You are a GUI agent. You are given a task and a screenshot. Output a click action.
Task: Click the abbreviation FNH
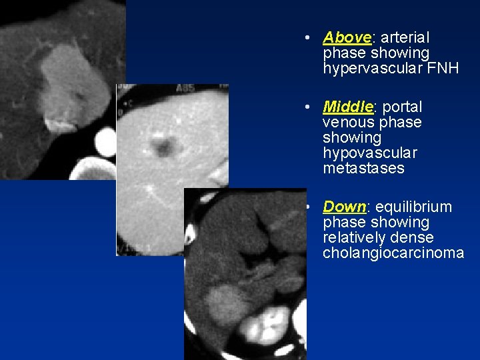tap(445, 68)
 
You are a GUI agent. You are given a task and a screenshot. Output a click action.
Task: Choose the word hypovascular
tap(370, 153)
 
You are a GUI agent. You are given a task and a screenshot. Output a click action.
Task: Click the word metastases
tap(363, 168)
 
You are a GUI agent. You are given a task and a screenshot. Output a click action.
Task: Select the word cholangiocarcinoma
tap(393, 253)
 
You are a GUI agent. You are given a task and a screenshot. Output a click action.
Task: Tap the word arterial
tap(407, 37)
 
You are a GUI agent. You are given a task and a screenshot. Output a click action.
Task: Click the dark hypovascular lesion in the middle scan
tap(161, 145)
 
